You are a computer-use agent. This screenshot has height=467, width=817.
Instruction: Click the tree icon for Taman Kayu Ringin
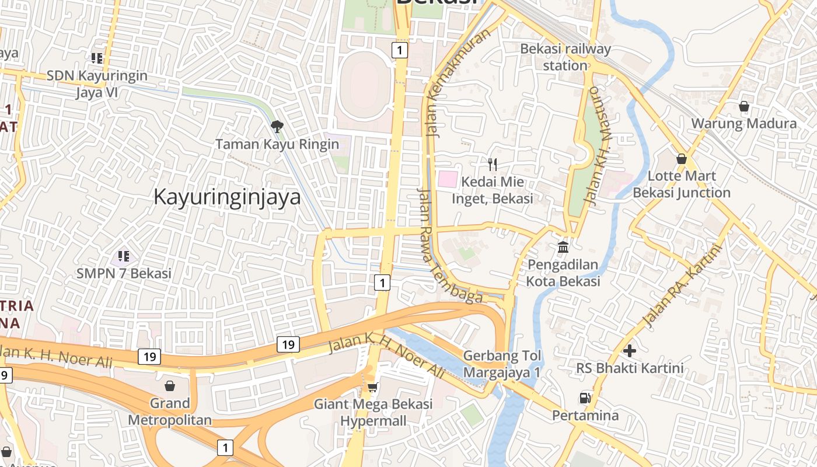[277, 126]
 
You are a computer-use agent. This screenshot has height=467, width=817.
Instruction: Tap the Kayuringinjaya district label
[227, 197]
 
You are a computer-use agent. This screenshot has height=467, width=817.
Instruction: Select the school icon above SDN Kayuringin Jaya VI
[97, 58]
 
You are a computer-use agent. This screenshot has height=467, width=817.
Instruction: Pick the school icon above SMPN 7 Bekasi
[123, 256]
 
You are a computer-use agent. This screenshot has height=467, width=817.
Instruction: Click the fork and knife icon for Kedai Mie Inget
[493, 164]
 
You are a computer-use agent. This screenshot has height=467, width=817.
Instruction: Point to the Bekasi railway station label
[565, 57]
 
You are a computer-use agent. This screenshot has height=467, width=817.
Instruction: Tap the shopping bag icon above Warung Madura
[743, 106]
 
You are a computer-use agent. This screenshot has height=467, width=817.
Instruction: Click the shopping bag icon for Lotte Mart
[681, 159]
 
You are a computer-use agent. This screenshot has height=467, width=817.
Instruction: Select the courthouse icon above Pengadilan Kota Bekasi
[563, 247]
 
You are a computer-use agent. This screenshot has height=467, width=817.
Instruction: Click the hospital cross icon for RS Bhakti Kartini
[629, 351]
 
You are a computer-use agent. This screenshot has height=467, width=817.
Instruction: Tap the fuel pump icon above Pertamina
[585, 398]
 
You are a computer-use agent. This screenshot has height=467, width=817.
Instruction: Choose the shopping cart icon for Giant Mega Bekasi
[373, 386]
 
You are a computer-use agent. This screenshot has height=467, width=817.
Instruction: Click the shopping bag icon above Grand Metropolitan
[170, 386]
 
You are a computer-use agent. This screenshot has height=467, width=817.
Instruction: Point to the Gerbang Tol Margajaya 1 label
[502, 364]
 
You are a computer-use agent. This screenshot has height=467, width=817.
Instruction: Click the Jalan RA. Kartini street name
[682, 285]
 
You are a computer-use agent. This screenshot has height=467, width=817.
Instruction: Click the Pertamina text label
[585, 416]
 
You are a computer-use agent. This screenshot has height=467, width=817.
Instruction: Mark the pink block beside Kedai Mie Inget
[448, 179]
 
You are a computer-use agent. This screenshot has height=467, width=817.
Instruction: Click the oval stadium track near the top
[366, 86]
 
